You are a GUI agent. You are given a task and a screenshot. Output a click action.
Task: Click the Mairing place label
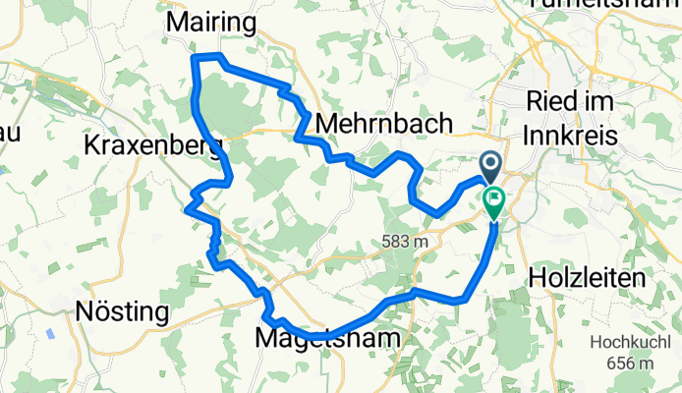tap(212, 22)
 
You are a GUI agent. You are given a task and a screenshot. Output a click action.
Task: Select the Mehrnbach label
tap(385, 124)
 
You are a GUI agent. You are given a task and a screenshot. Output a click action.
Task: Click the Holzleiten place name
tap(587, 278)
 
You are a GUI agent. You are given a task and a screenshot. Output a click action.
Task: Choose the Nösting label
tap(123, 312)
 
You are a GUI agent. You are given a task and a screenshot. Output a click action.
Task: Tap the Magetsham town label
tap(328, 338)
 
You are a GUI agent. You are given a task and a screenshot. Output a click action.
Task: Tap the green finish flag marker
tap(492, 202)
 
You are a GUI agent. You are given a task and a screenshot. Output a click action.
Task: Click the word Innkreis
tap(572, 133)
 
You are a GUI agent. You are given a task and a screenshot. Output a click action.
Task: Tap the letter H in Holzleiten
tap(538, 278)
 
